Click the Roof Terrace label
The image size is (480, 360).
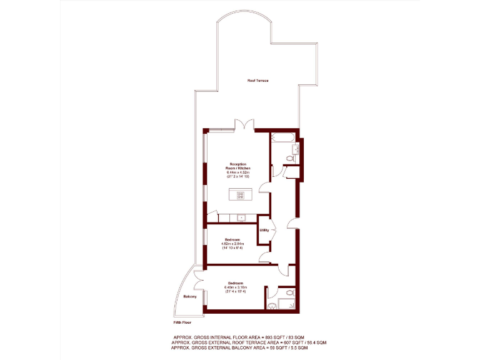coord(257,81)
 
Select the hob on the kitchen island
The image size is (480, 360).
coord(240,195)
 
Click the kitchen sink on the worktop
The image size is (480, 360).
coord(240,217)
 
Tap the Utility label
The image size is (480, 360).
coord(264,231)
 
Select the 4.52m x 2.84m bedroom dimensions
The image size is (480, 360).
coord(232,244)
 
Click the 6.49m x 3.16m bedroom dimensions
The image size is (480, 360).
coord(236,287)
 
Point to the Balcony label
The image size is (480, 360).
coord(190,296)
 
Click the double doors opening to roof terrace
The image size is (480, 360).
coord(244,124)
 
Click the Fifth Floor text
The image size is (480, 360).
coord(182,323)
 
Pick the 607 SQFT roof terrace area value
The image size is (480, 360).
coord(281,342)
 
